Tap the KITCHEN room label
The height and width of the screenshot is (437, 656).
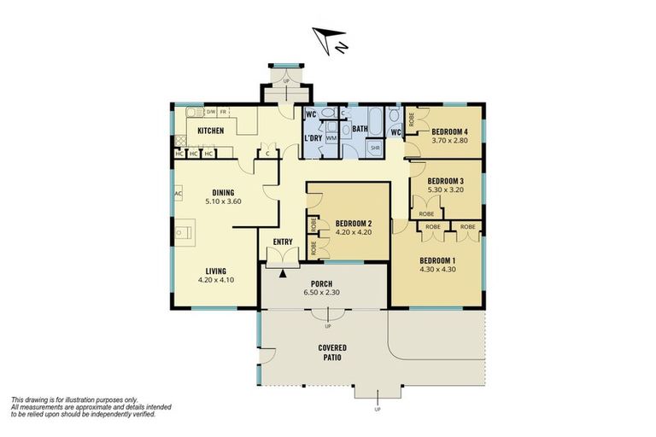pos(211,131)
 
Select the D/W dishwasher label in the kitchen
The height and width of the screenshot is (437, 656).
pos(210,112)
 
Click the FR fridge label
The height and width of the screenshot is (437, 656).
pos(224,112)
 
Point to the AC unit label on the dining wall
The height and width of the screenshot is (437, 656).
pos(178,194)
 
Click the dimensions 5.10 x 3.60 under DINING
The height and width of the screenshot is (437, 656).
pos(223,202)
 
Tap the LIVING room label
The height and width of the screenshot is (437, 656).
pos(215,271)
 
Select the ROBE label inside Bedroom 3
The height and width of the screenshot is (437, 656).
pos(426,213)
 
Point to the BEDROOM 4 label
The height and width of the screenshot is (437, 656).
pos(449,131)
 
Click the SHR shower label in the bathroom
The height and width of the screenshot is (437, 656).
pos(375,148)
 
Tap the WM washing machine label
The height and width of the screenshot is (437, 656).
pos(331,137)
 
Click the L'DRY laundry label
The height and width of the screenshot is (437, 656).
pos(312,137)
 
